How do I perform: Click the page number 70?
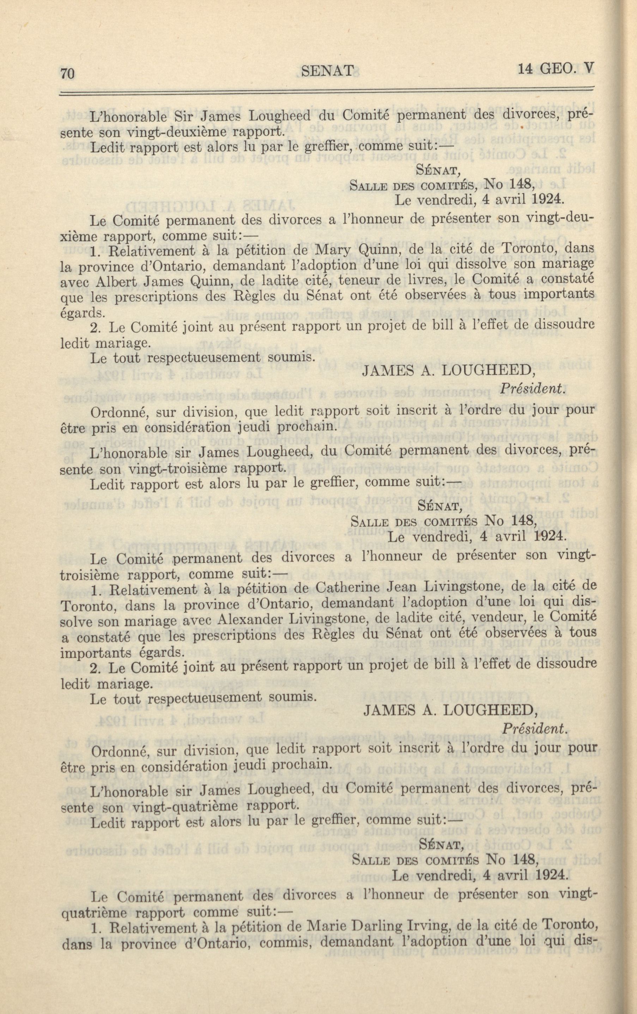pos(67,74)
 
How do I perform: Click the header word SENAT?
pos(328,71)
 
